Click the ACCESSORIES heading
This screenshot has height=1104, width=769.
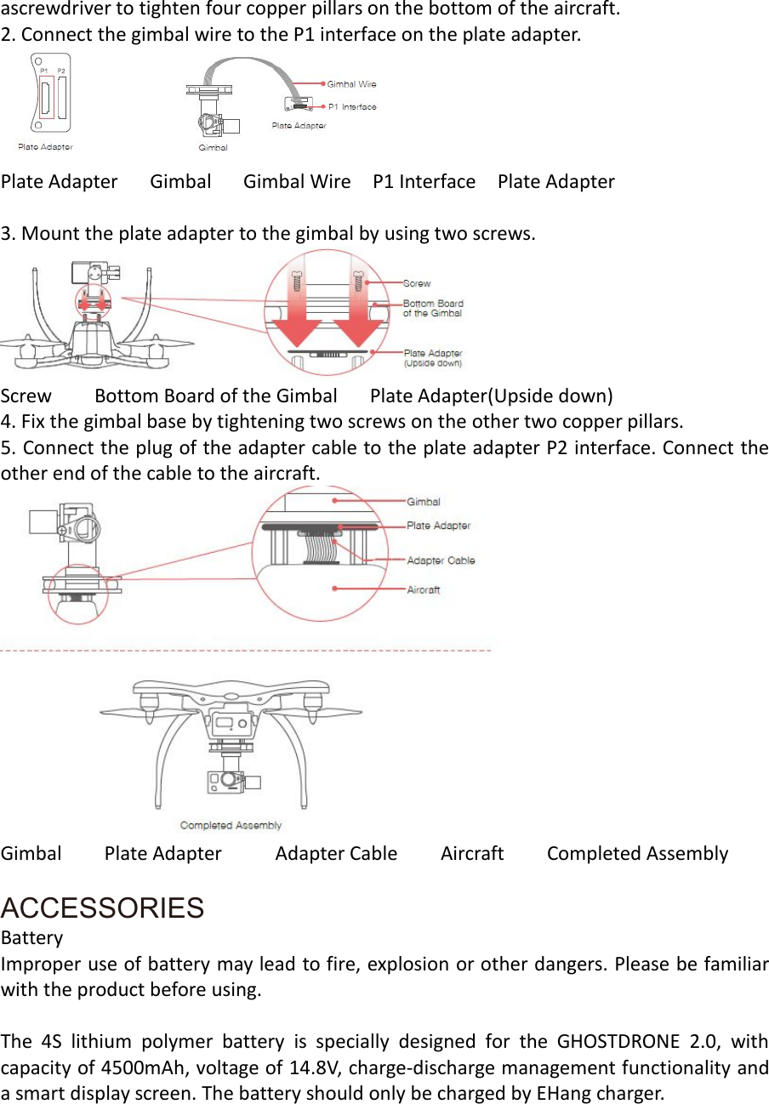[x=102, y=908]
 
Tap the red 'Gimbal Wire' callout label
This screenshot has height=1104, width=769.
[x=351, y=84]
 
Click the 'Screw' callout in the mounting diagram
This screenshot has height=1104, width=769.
[x=417, y=283]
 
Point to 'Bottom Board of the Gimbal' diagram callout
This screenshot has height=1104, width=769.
[x=433, y=308]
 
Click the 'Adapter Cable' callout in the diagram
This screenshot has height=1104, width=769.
[x=441, y=561]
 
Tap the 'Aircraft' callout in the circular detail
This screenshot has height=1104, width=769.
[x=424, y=589]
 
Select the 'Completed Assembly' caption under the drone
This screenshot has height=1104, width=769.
[x=231, y=825]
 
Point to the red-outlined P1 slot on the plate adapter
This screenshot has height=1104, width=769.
[x=46, y=98]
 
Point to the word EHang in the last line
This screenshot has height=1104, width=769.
[x=564, y=1093]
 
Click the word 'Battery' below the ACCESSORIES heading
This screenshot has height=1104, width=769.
[x=32, y=938]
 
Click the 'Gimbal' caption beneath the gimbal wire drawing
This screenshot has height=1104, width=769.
[x=213, y=147]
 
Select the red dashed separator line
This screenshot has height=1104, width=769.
[x=247, y=651]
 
